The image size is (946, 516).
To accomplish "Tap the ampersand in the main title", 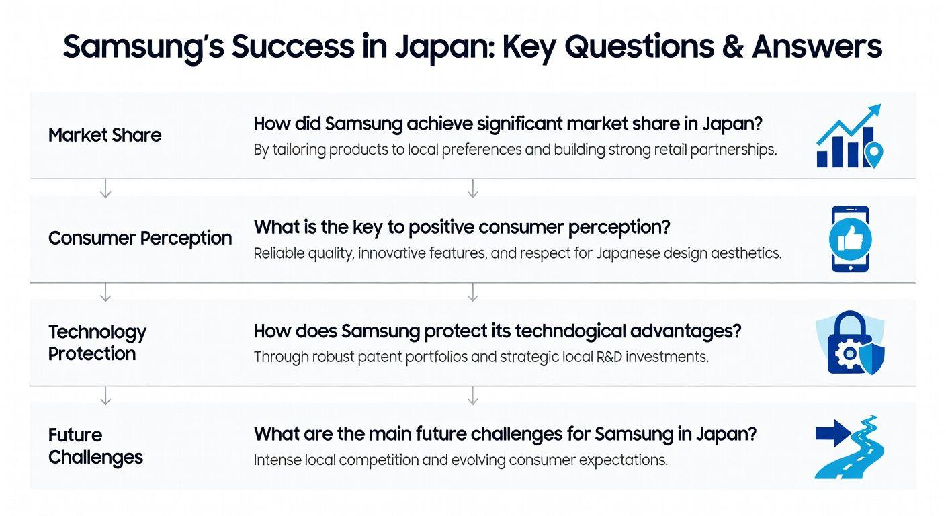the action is click(733, 46).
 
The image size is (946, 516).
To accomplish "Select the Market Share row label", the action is click(105, 135).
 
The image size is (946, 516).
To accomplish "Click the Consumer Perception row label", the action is click(140, 239).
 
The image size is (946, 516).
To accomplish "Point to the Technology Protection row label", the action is click(97, 343).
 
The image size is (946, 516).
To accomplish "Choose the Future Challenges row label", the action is click(95, 446).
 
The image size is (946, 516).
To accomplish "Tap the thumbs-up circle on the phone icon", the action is click(850, 239).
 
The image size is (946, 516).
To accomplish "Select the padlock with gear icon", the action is click(851, 343).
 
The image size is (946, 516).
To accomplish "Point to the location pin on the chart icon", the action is click(873, 155).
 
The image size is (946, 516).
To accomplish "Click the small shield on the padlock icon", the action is click(871, 358).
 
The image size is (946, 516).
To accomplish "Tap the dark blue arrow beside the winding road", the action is click(833, 433).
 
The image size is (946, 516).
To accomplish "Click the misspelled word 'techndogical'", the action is click(570, 331).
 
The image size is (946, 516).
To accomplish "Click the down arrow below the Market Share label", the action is click(105, 188).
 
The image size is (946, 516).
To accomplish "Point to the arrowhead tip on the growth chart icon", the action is click(881, 104).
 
